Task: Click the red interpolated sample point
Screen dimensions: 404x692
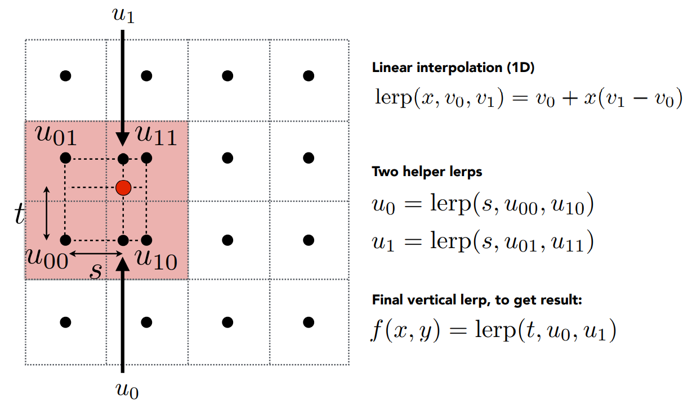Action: coord(123,187)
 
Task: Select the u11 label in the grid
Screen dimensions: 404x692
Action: coord(156,136)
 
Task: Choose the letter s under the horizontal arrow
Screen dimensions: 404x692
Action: coord(96,270)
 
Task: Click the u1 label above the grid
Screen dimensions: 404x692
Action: coord(123,16)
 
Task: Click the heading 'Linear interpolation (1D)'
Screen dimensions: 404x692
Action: coord(453,68)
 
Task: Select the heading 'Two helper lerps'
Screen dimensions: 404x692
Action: coord(427,172)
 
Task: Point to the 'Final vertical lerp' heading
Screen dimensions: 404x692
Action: coord(476,300)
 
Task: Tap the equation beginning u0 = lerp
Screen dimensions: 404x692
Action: coord(482,205)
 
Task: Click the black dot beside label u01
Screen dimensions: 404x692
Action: coord(65,158)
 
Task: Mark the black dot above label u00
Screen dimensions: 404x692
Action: coord(65,240)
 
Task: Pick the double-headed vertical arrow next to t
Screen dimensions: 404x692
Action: coord(47,213)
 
